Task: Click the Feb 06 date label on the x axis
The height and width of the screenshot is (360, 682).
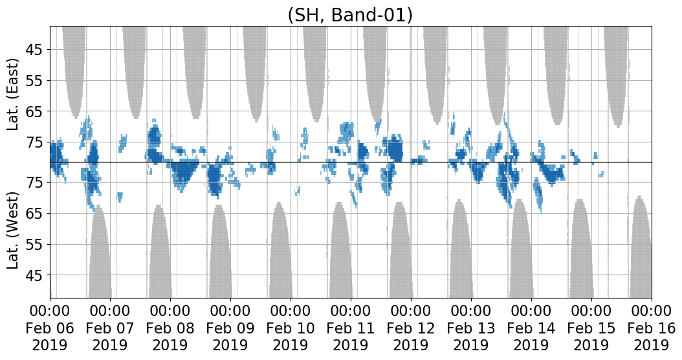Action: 50,328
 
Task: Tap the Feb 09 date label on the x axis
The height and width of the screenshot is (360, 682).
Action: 230,328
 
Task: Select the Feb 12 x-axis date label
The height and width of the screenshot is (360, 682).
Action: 411,328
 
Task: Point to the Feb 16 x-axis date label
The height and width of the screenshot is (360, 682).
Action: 652,328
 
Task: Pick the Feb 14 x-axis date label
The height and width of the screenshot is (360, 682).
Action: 531,328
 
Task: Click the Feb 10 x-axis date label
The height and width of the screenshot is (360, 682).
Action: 291,328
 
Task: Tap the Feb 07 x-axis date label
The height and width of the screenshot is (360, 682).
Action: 110,328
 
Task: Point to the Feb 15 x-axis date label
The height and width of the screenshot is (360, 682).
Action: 591,328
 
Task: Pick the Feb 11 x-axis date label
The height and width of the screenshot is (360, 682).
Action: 351,328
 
